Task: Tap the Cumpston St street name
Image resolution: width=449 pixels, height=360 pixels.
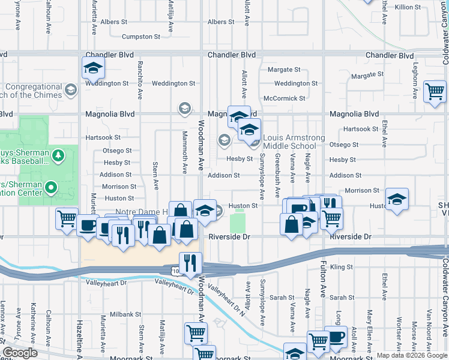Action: point(140,37)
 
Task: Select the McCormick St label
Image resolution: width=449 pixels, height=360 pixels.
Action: point(285,98)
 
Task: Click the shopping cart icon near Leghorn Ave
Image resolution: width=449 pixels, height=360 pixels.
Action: point(435,92)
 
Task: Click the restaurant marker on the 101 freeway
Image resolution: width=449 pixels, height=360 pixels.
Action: point(191,263)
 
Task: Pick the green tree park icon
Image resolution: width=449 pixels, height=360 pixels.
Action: point(58,156)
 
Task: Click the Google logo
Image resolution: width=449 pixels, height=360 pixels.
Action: point(20,353)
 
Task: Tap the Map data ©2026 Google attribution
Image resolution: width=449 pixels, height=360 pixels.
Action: point(412,355)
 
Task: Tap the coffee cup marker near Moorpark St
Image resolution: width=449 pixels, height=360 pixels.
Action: point(336,337)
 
